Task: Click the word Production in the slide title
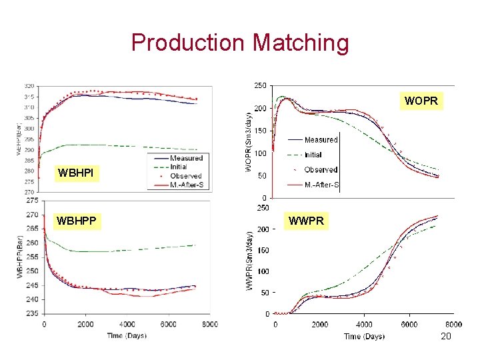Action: (188, 43)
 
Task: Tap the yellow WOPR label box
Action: (421, 102)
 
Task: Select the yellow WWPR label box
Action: (306, 221)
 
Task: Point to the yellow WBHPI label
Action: (76, 174)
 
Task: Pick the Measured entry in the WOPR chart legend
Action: (321, 140)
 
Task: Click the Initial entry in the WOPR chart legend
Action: (313, 155)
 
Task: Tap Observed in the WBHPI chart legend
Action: (185, 176)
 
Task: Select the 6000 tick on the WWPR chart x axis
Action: (409, 324)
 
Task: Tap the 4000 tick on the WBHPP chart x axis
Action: (126, 325)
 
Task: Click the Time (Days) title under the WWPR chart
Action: (364, 336)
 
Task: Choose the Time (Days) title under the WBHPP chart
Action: (127, 335)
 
